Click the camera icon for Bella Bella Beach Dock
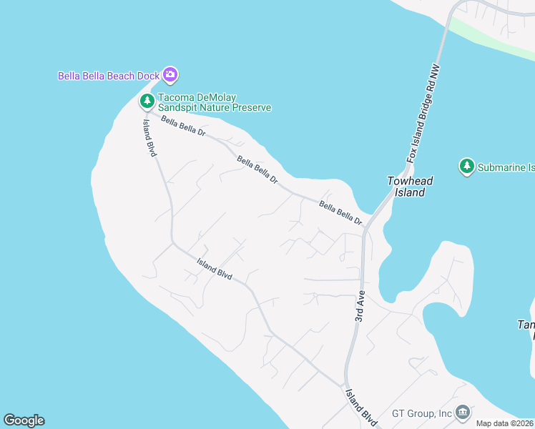coord(170,74)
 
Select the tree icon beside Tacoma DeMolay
coord(147,101)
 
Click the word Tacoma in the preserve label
coord(176,97)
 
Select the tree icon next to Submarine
coord(467,167)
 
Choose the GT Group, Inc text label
coord(422,413)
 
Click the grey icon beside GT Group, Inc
coord(463,413)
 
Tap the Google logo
coord(24,420)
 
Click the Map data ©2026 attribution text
coord(505,423)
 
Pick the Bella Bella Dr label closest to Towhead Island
coord(341,213)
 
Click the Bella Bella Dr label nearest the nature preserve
coord(183,127)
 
